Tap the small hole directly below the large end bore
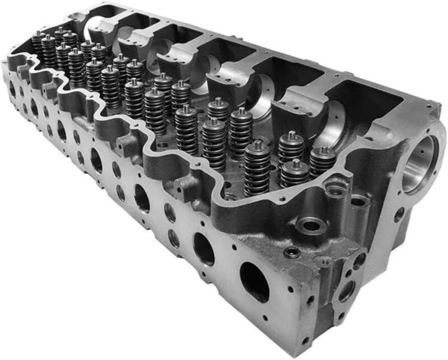[x=399, y=214]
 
